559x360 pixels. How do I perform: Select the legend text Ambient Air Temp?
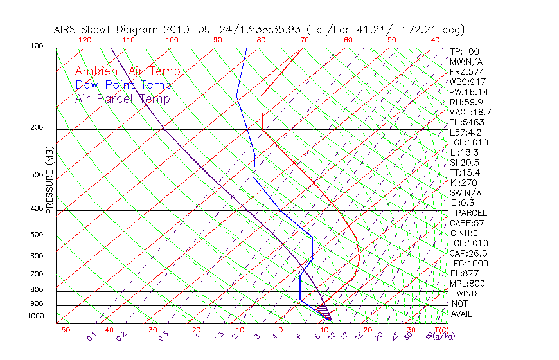click(x=127, y=71)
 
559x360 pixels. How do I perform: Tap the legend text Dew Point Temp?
click(x=123, y=85)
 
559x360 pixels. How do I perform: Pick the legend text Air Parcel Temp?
click(x=122, y=98)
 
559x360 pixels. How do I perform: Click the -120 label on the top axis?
click(x=82, y=39)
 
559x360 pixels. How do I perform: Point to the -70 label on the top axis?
click(x=301, y=39)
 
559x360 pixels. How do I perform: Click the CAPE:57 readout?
click(x=466, y=223)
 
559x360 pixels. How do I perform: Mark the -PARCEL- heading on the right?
click(x=471, y=213)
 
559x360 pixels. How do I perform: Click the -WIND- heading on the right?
click(x=467, y=293)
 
